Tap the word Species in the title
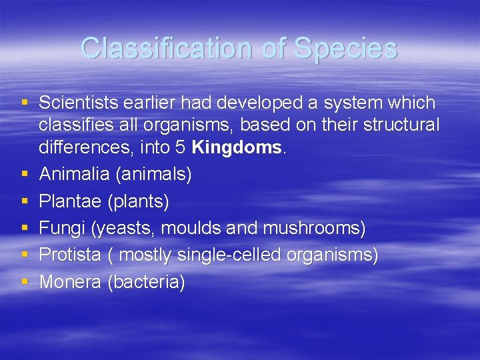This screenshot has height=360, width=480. (x=345, y=48)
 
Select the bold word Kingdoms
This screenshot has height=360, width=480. (x=238, y=147)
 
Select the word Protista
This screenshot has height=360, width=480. (x=70, y=255)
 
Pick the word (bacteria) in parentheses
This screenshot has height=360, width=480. (x=146, y=283)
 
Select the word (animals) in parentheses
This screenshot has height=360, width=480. (x=154, y=175)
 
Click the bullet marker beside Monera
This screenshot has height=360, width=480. (x=25, y=282)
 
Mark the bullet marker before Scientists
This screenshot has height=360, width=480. (x=25, y=103)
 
